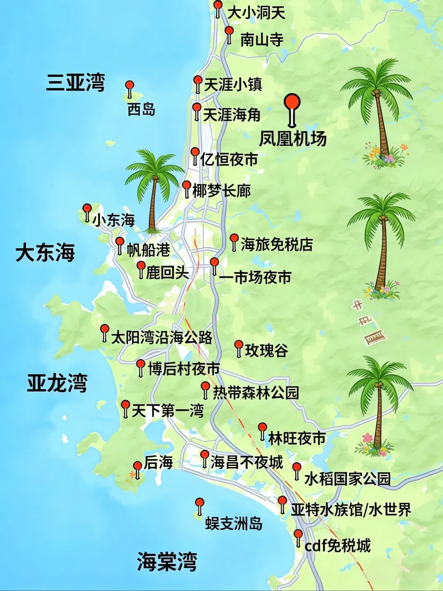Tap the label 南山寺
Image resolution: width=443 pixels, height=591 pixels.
[x=261, y=40]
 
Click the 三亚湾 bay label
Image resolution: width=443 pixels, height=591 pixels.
[x=75, y=82]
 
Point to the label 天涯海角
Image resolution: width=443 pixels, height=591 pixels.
[x=232, y=114]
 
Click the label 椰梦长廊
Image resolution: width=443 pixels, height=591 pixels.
[x=221, y=191]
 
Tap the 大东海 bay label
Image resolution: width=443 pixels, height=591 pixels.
[x=45, y=252]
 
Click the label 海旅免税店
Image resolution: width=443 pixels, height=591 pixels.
[x=276, y=244]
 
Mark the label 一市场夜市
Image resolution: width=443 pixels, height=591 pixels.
[x=255, y=277]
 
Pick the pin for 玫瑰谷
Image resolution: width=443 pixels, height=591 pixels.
[x=239, y=346]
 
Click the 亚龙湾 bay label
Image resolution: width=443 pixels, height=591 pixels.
[x=57, y=383]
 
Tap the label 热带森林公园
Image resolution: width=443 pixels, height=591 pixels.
[x=256, y=392]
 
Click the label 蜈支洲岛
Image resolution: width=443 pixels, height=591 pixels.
[x=233, y=523]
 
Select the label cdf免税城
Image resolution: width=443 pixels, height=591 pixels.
[x=338, y=546]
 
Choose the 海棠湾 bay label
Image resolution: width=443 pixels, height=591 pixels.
[x=167, y=561]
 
